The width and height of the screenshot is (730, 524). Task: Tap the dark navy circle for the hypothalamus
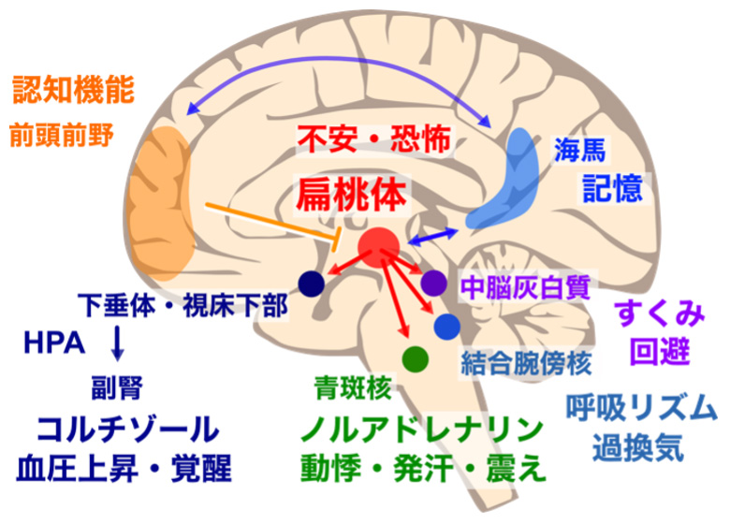310,282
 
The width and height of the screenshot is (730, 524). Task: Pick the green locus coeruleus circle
415,357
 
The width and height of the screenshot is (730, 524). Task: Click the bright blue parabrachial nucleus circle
446,326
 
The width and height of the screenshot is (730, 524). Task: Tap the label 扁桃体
352,196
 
